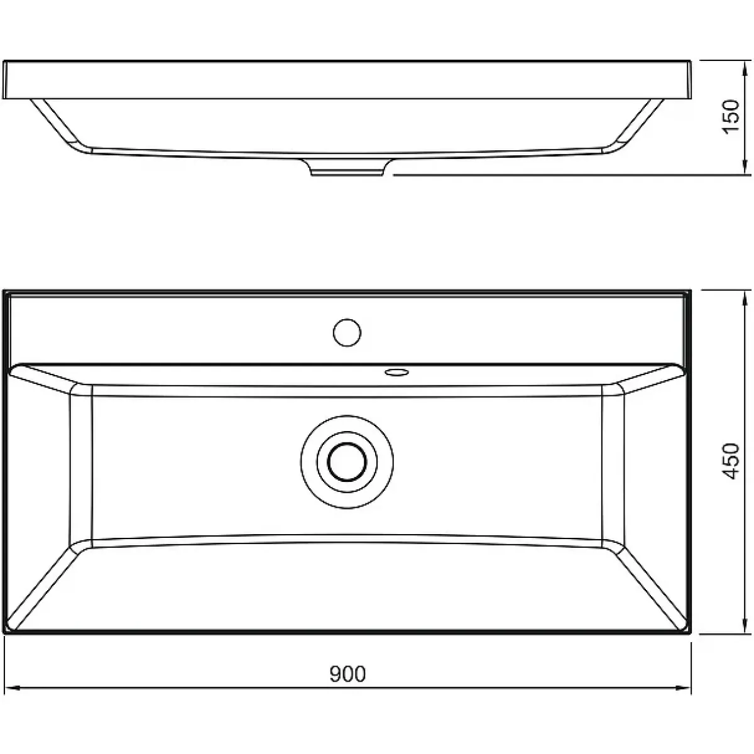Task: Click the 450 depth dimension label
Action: [x=730, y=461]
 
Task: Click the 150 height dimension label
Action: [x=730, y=117]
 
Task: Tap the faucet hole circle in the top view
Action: [x=347, y=332]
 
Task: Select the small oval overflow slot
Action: [x=396, y=372]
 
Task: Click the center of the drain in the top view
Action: [x=347, y=462]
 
